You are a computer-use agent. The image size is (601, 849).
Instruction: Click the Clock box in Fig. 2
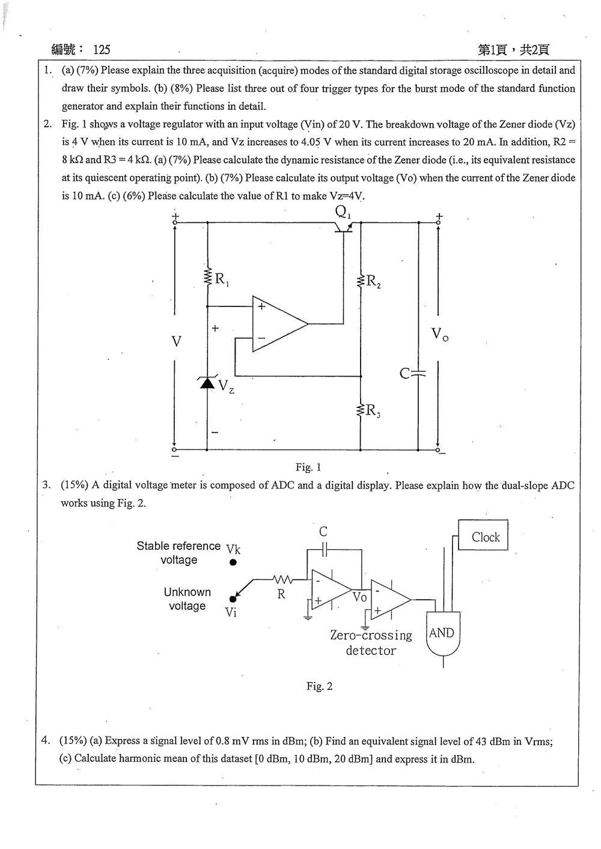click(x=483, y=535)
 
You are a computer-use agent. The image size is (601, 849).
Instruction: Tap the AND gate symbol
click(x=444, y=633)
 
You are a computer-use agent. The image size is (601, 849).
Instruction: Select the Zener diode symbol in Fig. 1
click(x=207, y=382)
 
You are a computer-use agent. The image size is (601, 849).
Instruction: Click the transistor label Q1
click(x=343, y=212)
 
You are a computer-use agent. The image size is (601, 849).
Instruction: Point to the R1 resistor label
click(x=222, y=279)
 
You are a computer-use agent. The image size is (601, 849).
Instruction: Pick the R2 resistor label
click(x=373, y=282)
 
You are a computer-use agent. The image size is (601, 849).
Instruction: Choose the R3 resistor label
click(x=373, y=410)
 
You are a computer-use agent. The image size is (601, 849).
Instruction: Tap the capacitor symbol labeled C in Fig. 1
click(x=418, y=374)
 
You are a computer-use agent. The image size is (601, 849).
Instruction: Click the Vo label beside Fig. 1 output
click(x=440, y=334)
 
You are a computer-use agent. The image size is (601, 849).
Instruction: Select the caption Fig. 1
click(x=308, y=467)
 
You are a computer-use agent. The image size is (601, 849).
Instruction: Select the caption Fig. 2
click(x=319, y=686)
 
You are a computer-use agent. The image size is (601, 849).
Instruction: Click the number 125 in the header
click(x=102, y=49)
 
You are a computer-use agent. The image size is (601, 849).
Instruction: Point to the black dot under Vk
click(x=233, y=562)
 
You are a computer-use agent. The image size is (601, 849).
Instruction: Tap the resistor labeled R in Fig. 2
click(x=282, y=579)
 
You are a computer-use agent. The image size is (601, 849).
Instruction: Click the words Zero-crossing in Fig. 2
click(x=371, y=635)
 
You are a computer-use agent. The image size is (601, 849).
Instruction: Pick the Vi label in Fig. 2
click(x=231, y=612)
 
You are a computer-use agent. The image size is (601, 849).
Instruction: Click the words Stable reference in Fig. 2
click(x=178, y=546)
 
